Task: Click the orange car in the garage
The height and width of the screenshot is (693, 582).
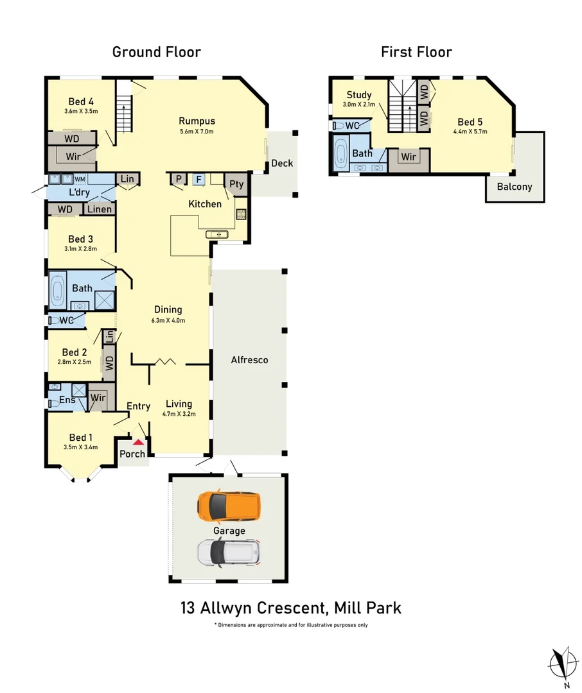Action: click(x=229, y=506)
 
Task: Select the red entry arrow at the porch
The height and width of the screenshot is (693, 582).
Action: click(x=137, y=441)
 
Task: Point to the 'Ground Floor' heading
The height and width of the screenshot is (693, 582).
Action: click(x=156, y=52)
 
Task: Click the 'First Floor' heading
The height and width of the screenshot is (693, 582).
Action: click(x=416, y=52)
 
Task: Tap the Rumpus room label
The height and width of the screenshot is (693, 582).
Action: click(x=197, y=121)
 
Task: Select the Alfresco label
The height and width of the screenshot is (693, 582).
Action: click(x=249, y=360)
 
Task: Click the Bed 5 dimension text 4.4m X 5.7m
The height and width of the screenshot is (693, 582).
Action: click(x=470, y=133)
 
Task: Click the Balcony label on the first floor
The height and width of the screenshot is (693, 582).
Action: click(x=515, y=187)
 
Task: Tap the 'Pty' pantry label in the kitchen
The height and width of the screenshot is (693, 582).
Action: click(x=236, y=184)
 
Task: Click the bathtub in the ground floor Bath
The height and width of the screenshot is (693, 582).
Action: click(x=57, y=290)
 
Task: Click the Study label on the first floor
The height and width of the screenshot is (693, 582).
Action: click(x=359, y=95)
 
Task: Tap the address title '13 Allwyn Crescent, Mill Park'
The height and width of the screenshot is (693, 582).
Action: click(x=291, y=607)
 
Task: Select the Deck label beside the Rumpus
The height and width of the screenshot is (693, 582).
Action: click(x=281, y=163)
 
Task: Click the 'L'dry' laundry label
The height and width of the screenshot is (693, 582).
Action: click(x=79, y=193)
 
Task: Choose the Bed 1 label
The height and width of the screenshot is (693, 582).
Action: click(x=82, y=438)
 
